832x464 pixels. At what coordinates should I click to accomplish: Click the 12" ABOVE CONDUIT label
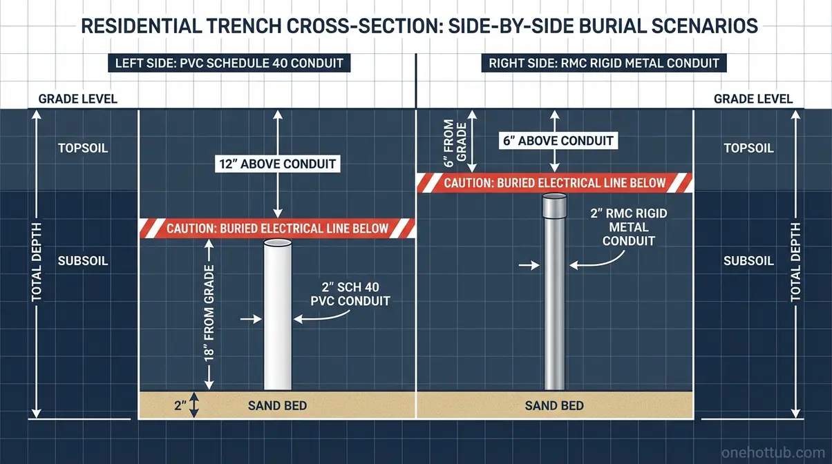pyautogui.click(x=278, y=164)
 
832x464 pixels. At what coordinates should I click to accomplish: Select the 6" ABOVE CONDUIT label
pyautogui.click(x=558, y=141)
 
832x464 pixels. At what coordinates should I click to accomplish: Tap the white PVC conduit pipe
pyautogui.click(x=278, y=315)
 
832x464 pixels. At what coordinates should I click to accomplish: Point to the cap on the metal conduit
pyautogui.click(x=554, y=206)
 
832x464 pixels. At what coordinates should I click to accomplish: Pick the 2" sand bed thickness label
pyautogui.click(x=180, y=406)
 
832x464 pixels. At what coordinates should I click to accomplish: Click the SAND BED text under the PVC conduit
pyautogui.click(x=278, y=406)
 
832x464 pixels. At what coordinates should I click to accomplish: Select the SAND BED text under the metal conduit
pyautogui.click(x=554, y=406)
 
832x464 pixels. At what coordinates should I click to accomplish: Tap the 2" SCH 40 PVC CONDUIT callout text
pyautogui.click(x=350, y=294)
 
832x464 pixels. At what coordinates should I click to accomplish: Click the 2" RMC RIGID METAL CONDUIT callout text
pyautogui.click(x=628, y=227)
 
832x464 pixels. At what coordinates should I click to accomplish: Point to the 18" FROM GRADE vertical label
pyautogui.click(x=209, y=313)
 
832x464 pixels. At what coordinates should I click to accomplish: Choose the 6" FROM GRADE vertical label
pyautogui.click(x=455, y=143)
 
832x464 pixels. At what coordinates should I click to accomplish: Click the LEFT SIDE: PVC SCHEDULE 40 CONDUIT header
pyautogui.click(x=229, y=63)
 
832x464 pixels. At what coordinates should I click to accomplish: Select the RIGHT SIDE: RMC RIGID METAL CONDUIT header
pyautogui.click(x=604, y=63)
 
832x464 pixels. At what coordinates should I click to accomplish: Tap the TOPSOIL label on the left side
pyautogui.click(x=83, y=148)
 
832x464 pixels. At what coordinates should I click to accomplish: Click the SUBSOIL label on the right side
pyautogui.click(x=749, y=261)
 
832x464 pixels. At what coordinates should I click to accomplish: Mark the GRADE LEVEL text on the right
pyautogui.click(x=753, y=99)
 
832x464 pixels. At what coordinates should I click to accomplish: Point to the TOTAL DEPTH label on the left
pyautogui.click(x=36, y=262)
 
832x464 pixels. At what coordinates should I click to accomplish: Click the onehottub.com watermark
pyautogui.click(x=773, y=452)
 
